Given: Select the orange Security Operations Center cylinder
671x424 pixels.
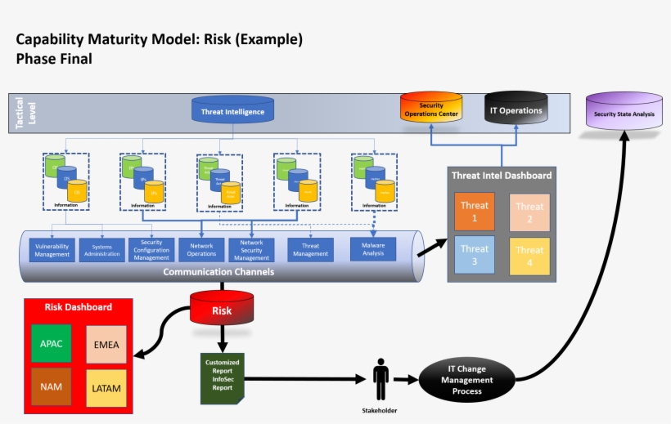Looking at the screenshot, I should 431,109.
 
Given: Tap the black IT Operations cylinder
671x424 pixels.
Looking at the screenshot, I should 516,109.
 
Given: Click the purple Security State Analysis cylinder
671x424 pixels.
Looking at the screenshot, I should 624,113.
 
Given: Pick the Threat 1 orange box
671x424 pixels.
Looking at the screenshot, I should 475,211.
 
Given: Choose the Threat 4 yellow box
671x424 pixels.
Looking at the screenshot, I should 529,256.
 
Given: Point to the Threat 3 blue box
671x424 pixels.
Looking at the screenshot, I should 475,254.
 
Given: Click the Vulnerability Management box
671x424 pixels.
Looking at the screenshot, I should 52,250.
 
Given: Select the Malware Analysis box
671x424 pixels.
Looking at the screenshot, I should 373,248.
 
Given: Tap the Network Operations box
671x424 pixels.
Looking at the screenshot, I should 201,250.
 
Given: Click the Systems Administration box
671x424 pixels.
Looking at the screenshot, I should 101,250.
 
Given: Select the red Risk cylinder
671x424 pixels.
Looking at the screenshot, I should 222,310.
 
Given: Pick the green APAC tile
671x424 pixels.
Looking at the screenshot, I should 52,343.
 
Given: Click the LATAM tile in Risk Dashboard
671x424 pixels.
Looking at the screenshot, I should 106,388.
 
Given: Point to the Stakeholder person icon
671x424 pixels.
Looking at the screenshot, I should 381,379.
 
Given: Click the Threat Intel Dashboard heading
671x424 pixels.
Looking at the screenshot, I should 502,176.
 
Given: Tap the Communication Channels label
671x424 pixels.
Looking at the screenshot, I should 218,272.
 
